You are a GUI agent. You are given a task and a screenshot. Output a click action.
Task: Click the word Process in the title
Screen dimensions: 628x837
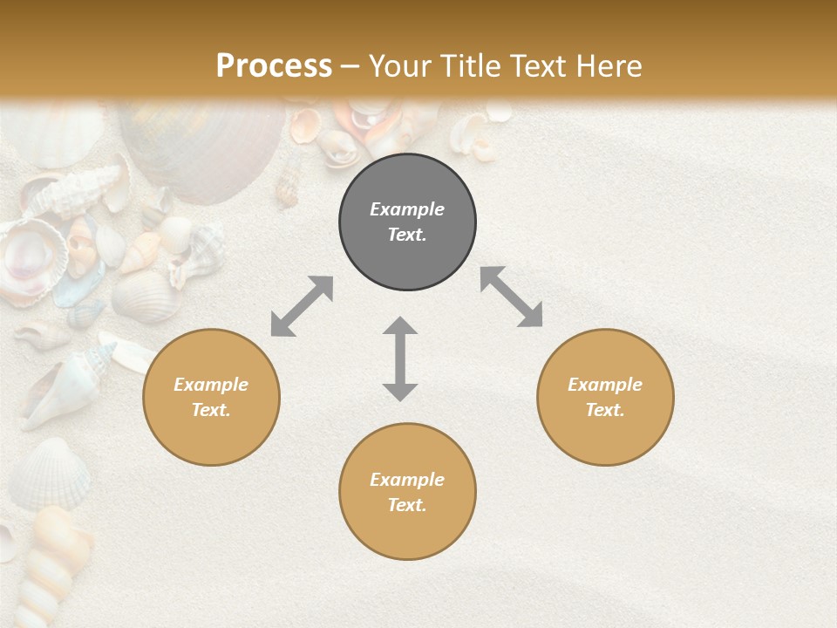(274, 66)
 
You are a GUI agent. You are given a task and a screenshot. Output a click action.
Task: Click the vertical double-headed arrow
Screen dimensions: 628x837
(400, 358)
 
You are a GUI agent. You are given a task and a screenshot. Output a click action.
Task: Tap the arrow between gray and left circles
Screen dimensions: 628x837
(302, 306)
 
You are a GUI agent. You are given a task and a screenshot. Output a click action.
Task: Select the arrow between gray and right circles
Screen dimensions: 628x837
(511, 297)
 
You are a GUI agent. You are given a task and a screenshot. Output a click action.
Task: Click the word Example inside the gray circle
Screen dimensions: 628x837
(407, 209)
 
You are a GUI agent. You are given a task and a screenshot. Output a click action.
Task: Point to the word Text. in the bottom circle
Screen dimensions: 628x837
(407, 505)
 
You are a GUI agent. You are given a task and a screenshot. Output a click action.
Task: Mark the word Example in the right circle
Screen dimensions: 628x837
(605, 385)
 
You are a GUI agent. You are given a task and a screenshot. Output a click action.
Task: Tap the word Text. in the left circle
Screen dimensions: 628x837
(211, 410)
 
